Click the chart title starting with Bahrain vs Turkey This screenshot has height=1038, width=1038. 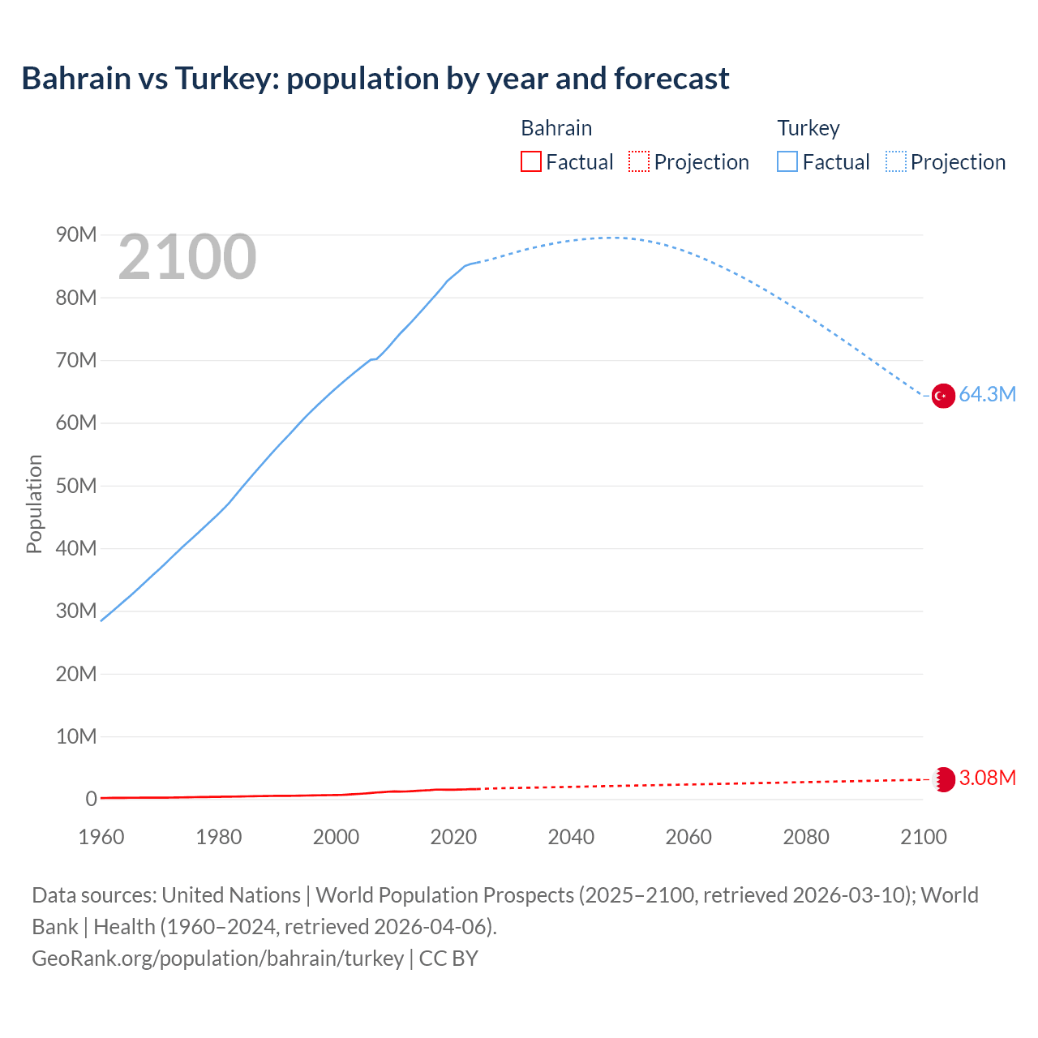(375, 79)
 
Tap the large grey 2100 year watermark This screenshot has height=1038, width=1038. (187, 257)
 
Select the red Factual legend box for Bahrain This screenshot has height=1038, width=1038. (530, 161)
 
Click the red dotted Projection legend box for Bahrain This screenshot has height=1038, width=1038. (639, 161)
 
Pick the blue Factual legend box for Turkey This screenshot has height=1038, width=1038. (787, 161)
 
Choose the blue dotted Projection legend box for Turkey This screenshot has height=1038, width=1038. (896, 161)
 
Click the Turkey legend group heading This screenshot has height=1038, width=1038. (808, 128)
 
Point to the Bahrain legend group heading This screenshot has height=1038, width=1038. (556, 128)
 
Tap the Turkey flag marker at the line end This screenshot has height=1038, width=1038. (942, 396)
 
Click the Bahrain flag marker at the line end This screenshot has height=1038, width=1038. (943, 779)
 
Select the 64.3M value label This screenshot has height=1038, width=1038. (987, 395)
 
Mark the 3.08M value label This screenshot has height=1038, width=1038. (987, 778)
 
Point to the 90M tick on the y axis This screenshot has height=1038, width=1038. (76, 235)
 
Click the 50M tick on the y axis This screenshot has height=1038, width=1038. (76, 486)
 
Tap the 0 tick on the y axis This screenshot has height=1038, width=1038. (91, 800)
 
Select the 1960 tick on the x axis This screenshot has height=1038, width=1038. (101, 837)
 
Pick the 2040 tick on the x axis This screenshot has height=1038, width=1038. (571, 837)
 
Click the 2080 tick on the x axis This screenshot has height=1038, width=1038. (806, 837)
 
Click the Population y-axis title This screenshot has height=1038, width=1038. (34, 504)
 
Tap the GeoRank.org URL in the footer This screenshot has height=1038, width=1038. (217, 959)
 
